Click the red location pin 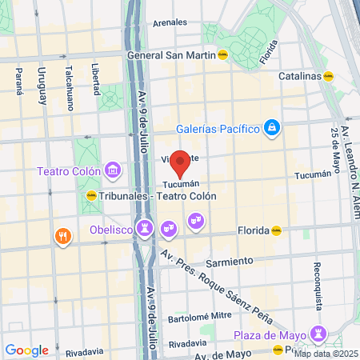[181, 162]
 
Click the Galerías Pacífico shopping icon [272, 127]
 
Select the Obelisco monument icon [144, 229]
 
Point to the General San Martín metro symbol [224, 56]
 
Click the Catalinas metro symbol [328, 77]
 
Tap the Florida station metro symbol [276, 230]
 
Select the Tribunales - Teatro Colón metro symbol [90, 195]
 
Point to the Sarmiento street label [229, 262]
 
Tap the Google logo [26, 350]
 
